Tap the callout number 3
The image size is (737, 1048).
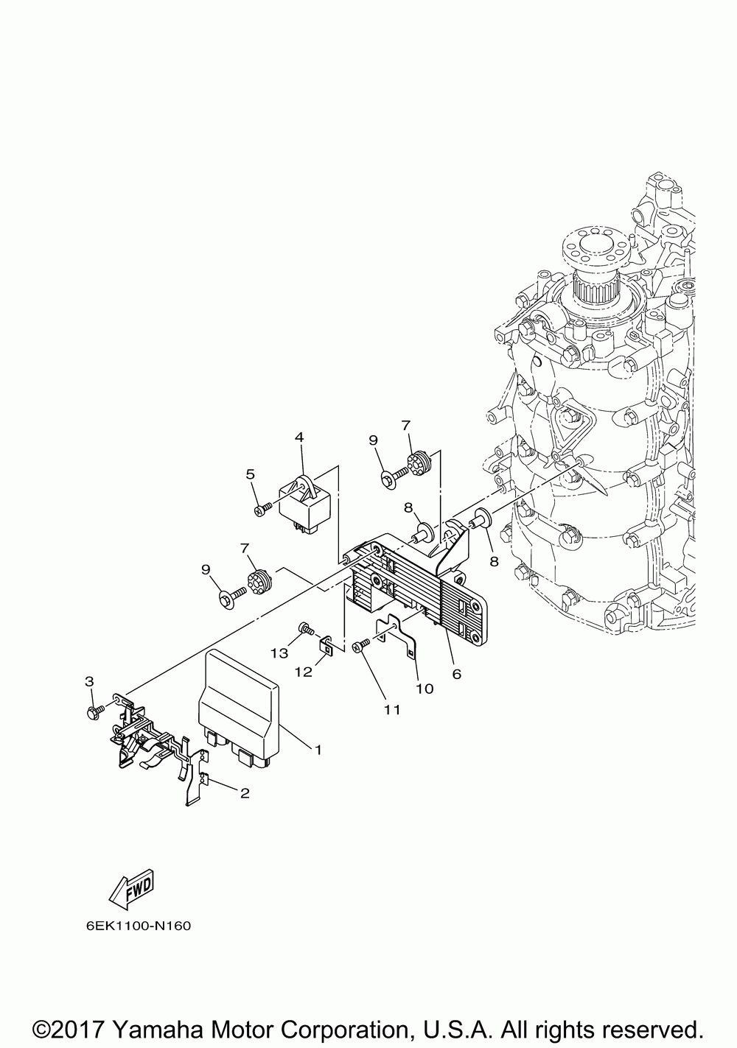pos(89,681)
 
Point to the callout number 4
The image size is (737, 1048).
pos(299,437)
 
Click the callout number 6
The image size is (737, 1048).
pos(456,673)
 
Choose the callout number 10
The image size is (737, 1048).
pos(425,689)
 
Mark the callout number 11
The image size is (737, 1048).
pos(391,709)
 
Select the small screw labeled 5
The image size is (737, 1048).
pos(259,508)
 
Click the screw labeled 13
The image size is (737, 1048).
pos(304,628)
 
